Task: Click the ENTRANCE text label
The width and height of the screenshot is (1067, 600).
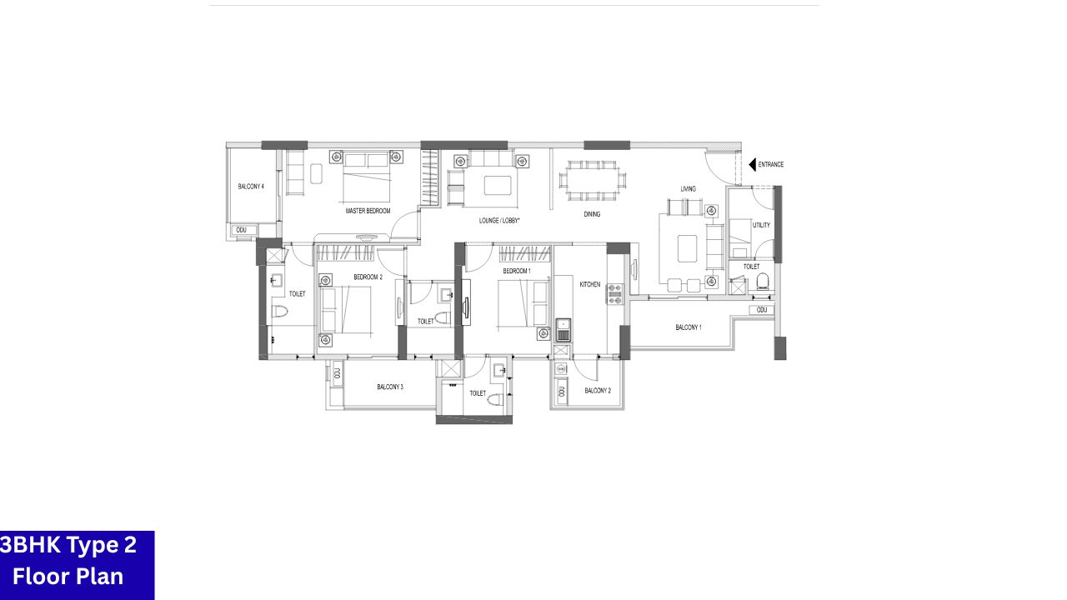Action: tap(770, 165)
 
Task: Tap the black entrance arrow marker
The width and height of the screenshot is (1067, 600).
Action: tap(752, 165)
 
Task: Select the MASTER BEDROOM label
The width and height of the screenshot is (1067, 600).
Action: tap(368, 212)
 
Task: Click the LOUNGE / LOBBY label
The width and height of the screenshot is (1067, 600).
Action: tap(499, 221)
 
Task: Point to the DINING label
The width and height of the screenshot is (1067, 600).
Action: tap(592, 214)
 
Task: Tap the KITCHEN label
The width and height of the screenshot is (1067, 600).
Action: tap(590, 285)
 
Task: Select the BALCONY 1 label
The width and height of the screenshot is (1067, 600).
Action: tap(688, 327)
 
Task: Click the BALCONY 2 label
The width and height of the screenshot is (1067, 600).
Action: tap(598, 391)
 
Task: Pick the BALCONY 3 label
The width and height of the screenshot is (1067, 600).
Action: tap(390, 387)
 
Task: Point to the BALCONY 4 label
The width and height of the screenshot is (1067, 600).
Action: tap(251, 187)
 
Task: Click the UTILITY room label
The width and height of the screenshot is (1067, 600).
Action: tap(761, 225)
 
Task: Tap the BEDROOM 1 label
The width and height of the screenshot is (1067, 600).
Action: tap(517, 272)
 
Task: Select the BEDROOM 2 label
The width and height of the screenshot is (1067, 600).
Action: tap(368, 277)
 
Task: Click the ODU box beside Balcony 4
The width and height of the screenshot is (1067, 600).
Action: tap(242, 230)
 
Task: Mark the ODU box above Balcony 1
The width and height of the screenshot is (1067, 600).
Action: tap(761, 310)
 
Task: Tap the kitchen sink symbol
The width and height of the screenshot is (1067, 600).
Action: tap(563, 328)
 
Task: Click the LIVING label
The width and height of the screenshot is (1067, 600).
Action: tap(688, 189)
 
